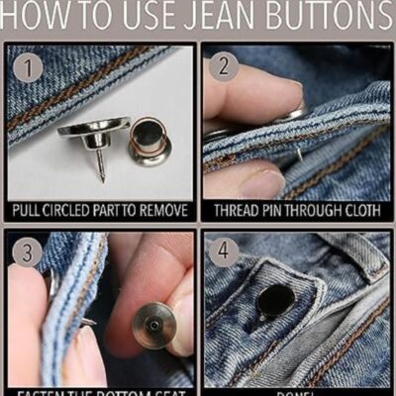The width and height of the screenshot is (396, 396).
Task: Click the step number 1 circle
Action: coord(31,68)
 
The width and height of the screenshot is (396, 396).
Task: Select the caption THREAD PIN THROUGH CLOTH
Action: coord(296,211)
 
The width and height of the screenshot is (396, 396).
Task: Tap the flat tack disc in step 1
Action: coord(94,128)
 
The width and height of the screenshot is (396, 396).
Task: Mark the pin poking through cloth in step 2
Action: coord(297,153)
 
